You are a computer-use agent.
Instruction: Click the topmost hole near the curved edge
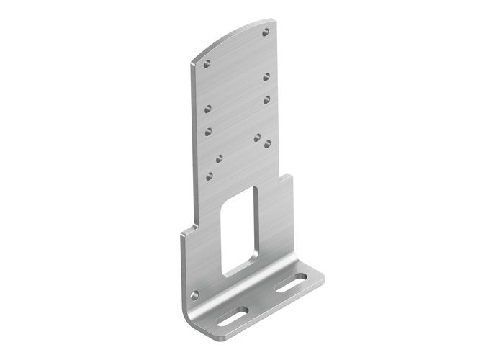tap(267, 32)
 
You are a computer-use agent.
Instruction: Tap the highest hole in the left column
tap(208, 64)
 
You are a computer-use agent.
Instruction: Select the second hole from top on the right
tap(266, 76)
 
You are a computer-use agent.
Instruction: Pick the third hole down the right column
tap(266, 98)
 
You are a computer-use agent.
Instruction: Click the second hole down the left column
tap(207, 109)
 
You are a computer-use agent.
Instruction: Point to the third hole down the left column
tap(207, 131)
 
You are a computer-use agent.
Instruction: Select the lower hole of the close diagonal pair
tap(267, 143)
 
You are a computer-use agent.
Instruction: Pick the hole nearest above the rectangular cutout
tap(210, 174)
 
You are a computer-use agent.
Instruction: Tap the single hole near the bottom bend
tap(194, 294)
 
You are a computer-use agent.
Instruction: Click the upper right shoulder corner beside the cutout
tap(291, 174)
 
